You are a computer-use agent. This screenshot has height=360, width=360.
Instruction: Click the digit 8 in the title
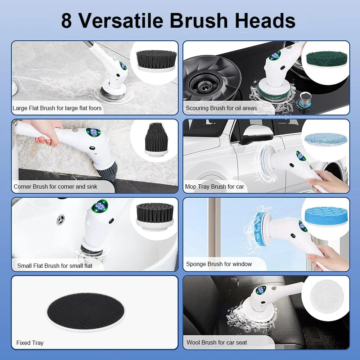click(66, 21)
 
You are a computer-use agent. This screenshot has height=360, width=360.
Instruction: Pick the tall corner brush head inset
click(156, 139)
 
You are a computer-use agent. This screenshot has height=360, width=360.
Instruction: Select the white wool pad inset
click(327, 296)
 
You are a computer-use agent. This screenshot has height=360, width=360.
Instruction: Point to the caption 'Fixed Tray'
click(30, 343)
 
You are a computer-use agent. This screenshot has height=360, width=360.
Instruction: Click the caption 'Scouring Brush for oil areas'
click(221, 108)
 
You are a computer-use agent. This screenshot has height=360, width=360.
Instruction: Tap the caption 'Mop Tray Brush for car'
click(214, 186)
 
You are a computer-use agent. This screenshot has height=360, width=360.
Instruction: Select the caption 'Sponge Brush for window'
click(219, 264)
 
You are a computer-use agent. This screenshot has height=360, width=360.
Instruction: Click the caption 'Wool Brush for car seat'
click(217, 342)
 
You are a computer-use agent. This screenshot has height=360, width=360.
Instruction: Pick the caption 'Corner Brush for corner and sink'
click(55, 186)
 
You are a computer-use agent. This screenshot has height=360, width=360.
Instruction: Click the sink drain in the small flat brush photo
click(61, 220)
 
